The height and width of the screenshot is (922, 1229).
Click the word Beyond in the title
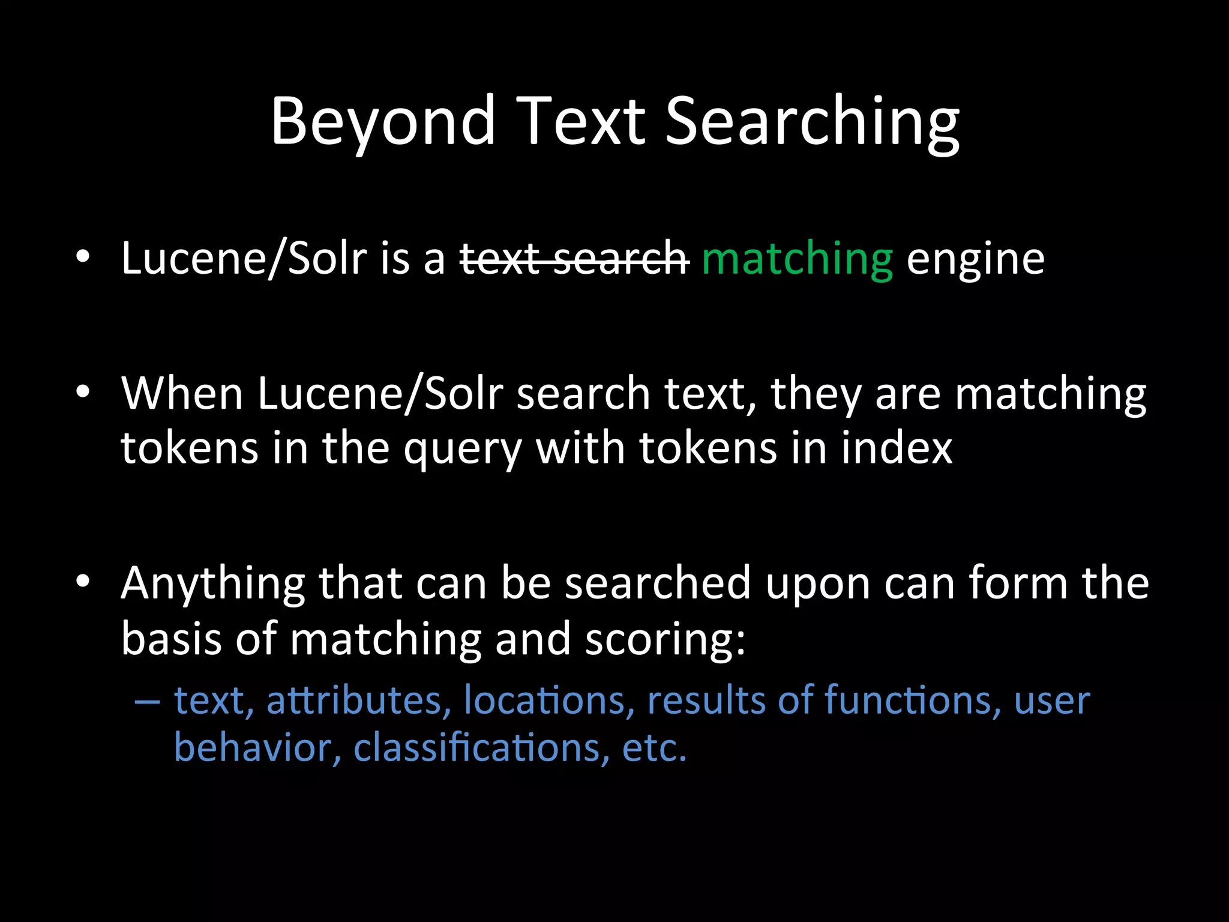[x=383, y=123]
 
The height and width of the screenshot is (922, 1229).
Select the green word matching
[x=797, y=259]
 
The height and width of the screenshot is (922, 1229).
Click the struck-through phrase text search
[x=574, y=259]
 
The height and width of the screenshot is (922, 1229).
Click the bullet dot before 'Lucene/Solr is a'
[x=83, y=257]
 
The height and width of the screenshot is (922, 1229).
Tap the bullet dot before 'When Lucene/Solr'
[x=83, y=392]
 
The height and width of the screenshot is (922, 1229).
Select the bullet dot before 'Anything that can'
[x=83, y=581]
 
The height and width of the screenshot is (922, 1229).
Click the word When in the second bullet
[x=182, y=394]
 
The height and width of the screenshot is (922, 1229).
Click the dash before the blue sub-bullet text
[x=147, y=701]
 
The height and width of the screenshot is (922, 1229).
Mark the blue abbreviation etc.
[x=654, y=749]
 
